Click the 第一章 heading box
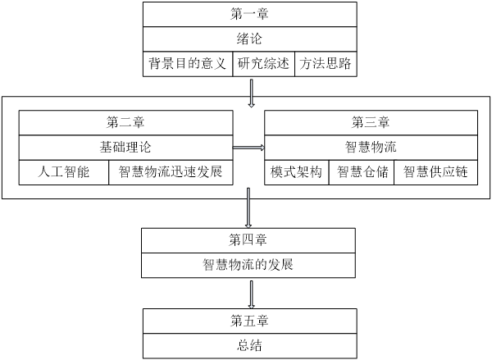pyautogui.click(x=251, y=15)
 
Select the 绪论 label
pyautogui.click(x=251, y=39)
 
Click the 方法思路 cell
pyautogui.click(x=325, y=64)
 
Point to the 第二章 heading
pyautogui.click(x=125, y=123)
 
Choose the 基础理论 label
pyautogui.click(x=125, y=148)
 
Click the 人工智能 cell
pyautogui.click(x=63, y=173)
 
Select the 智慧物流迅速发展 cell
pyautogui.click(x=170, y=173)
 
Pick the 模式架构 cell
pyautogui.click(x=296, y=173)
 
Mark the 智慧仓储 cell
pyautogui.click(x=361, y=173)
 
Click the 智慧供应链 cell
pyautogui.click(x=435, y=173)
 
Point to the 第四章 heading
pyautogui.click(x=248, y=240)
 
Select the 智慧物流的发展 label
pyautogui.click(x=248, y=265)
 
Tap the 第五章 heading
pyautogui.click(x=248, y=320)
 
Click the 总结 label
pyautogui.click(x=248, y=344)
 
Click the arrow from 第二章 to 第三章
pyautogui.click(x=248, y=148)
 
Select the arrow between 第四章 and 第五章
pyautogui.click(x=249, y=293)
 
